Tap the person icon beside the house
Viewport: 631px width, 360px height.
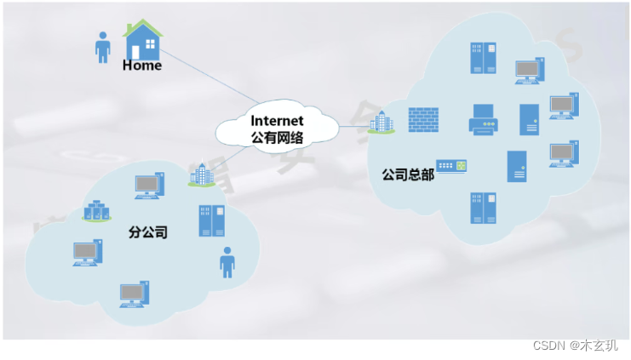(103, 48)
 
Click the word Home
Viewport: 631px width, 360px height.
(141, 66)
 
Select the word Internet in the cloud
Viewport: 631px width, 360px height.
(278, 121)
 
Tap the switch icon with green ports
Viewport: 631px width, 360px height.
(452, 166)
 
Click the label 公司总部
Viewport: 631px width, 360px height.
(408, 174)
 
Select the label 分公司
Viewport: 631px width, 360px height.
(147, 231)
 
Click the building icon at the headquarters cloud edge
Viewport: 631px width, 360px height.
(380, 123)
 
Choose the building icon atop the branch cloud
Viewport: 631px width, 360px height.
(202, 175)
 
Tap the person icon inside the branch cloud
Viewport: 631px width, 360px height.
(227, 263)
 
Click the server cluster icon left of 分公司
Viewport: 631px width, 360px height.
(96, 211)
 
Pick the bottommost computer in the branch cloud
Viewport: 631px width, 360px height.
(135, 294)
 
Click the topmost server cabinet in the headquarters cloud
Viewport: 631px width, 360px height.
(482, 58)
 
